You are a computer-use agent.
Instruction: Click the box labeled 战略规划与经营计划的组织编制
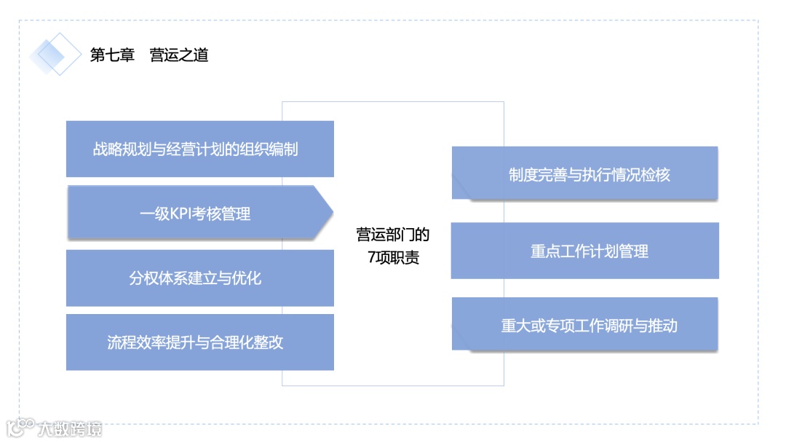(x=199, y=149)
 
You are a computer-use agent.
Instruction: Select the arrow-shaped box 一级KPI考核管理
(x=195, y=213)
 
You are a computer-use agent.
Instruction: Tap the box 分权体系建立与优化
(x=199, y=278)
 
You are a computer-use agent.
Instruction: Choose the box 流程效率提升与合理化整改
(x=199, y=342)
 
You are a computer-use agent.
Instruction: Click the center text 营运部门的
(x=392, y=235)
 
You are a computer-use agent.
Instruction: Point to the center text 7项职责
(x=393, y=257)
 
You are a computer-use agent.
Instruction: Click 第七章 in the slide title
(x=112, y=55)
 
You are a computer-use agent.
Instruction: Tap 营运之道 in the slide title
(x=179, y=55)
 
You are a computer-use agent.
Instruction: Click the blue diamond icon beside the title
(x=56, y=54)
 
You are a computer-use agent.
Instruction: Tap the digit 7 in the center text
(x=372, y=258)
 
